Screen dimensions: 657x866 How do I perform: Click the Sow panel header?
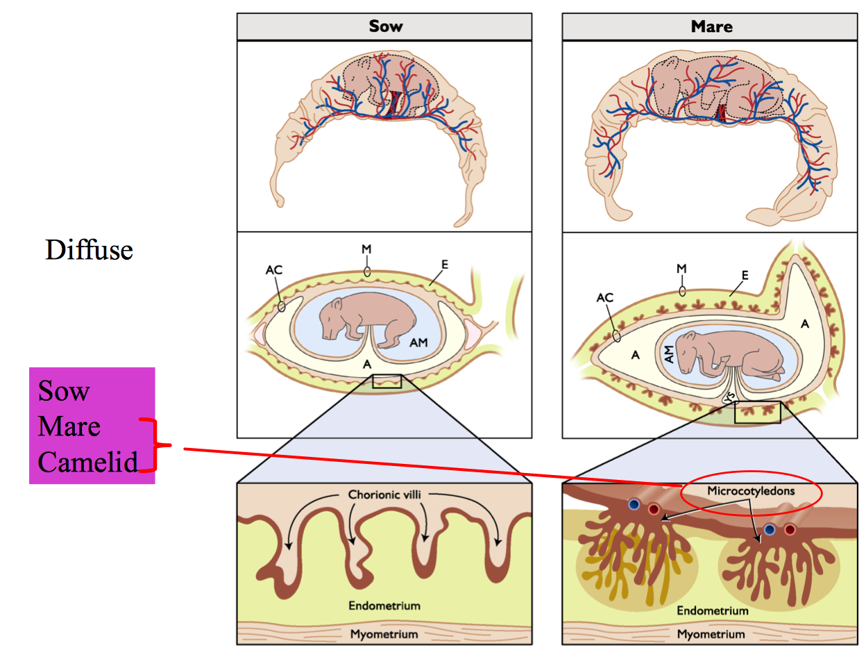click(x=386, y=27)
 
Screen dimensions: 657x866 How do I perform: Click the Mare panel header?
click(x=711, y=27)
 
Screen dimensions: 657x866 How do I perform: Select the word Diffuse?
click(x=89, y=249)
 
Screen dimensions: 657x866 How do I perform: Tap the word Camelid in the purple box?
click(x=88, y=462)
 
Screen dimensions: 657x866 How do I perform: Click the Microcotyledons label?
click(x=750, y=491)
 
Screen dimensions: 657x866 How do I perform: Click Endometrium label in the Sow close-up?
click(x=384, y=606)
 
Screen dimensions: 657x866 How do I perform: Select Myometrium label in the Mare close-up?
click(x=711, y=634)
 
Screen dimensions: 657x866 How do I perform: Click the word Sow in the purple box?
click(x=64, y=392)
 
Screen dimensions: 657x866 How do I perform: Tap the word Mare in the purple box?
click(x=69, y=426)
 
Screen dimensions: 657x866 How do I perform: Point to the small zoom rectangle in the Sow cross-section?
click(x=387, y=381)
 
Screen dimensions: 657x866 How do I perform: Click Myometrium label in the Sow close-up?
click(x=384, y=634)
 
